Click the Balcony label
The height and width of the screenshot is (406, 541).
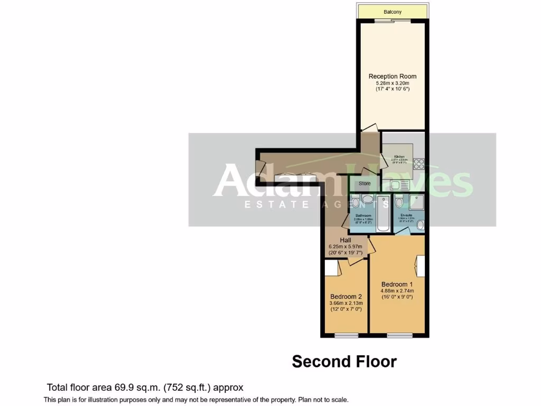[392, 12]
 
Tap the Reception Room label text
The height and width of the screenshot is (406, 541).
[388, 76]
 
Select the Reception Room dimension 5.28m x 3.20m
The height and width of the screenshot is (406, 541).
[388, 83]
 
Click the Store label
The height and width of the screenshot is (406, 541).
[365, 183]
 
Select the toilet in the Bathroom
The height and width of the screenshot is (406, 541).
[355, 201]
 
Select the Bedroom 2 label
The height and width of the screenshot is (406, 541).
[346, 297]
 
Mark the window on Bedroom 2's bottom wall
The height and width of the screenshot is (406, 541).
[346, 335]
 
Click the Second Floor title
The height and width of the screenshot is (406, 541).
[344, 362]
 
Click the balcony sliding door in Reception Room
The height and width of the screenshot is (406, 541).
[392, 22]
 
